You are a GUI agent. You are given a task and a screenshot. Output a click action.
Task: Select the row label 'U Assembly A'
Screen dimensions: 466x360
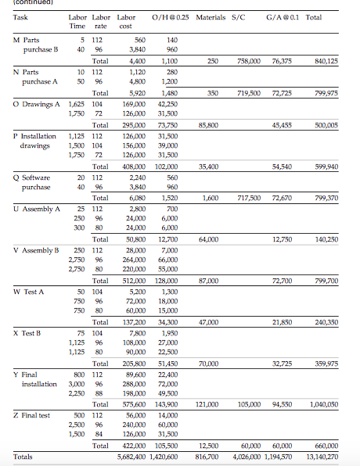(36, 209)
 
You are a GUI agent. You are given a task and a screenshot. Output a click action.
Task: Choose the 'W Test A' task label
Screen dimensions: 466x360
(29, 291)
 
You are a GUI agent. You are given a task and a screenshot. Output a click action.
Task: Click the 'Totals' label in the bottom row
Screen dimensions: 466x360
(23, 456)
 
